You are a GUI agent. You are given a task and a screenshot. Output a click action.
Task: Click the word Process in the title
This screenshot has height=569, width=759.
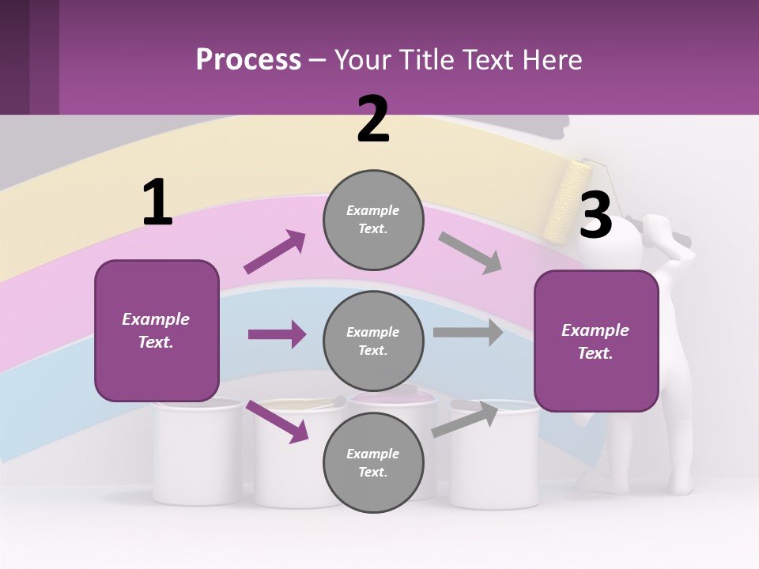[x=249, y=59]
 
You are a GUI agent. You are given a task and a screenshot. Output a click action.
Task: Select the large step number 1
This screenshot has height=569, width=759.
[x=158, y=202]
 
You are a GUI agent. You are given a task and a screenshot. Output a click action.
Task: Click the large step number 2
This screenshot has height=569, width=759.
[x=372, y=119]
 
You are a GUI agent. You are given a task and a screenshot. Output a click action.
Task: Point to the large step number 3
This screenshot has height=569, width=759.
[x=595, y=214]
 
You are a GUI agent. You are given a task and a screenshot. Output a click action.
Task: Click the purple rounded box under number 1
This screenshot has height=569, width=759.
[x=157, y=330]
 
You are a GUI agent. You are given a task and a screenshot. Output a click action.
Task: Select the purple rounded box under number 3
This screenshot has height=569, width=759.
[x=596, y=341]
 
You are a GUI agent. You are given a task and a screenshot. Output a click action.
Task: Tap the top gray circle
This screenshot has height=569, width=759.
[x=373, y=220]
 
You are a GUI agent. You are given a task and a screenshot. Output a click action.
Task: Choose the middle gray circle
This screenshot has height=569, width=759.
[x=373, y=341]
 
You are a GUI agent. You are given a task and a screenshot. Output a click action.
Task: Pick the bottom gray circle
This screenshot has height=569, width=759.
[x=373, y=462]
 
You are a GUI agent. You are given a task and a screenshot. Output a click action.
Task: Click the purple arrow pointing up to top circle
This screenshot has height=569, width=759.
[x=275, y=251]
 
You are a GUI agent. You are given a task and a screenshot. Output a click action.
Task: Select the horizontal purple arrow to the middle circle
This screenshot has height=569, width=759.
[x=278, y=333]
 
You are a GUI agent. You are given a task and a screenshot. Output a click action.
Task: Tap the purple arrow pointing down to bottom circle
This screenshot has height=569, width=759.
[x=278, y=421]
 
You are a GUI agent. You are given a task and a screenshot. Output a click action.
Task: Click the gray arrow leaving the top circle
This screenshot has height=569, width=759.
[x=470, y=253]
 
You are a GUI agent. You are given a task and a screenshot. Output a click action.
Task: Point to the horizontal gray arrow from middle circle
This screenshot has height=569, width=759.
[x=468, y=333]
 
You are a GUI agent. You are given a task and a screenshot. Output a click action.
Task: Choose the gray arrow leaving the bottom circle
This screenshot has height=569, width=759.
[x=465, y=420]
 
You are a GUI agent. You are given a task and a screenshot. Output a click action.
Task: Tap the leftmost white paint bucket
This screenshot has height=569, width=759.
[x=198, y=451]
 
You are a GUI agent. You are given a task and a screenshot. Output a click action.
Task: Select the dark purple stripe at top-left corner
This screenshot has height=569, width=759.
[x=14, y=57]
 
